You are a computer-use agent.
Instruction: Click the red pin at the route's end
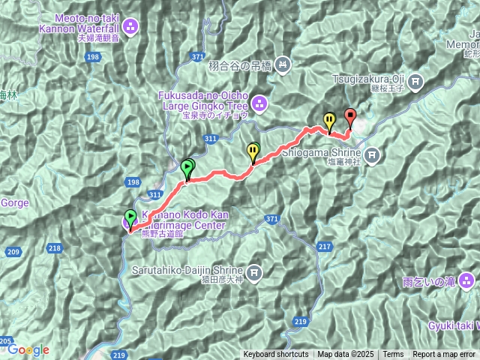point(350,117)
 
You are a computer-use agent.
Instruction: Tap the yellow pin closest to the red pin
point(329,119)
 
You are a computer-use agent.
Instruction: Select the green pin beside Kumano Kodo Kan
point(131,218)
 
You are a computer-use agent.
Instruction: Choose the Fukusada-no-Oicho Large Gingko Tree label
point(201,100)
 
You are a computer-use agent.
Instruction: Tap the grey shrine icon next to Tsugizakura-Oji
point(414,80)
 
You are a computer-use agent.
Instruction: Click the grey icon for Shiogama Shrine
point(373,154)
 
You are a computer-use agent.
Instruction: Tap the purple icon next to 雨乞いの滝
point(467,281)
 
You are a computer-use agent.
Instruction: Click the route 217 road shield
point(325,247)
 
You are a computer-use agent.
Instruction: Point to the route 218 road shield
point(55,247)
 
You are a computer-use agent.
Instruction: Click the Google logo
point(28,349)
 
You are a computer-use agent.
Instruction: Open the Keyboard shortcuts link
point(275,355)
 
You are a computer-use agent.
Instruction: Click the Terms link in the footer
point(393,355)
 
